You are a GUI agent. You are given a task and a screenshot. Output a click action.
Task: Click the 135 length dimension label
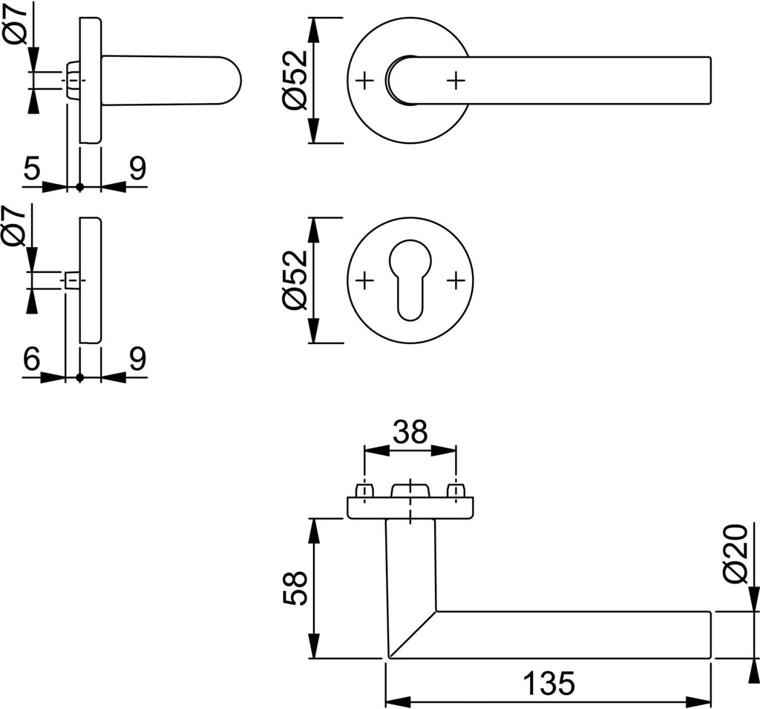548,682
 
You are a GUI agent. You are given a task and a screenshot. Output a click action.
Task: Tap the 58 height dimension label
295,588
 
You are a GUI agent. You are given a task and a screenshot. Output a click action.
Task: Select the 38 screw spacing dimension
410,432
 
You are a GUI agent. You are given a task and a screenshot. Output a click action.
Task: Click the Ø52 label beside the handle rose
295,80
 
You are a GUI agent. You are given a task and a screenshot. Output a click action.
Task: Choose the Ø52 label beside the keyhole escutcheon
295,280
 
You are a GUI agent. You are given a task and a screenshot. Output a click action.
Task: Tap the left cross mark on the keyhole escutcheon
364,280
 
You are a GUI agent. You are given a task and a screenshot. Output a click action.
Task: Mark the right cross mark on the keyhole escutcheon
456,280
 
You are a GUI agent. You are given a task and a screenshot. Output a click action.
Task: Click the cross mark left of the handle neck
364,79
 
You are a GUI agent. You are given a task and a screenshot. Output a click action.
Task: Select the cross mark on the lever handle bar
456,79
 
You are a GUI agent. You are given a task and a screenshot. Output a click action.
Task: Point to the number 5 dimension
31,169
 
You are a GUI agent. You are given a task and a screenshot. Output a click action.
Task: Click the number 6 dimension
31,360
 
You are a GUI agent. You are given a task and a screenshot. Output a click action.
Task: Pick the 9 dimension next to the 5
137,169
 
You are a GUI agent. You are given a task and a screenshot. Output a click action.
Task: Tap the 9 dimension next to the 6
137,360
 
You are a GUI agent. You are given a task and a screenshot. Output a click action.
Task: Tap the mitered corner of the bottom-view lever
411,634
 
